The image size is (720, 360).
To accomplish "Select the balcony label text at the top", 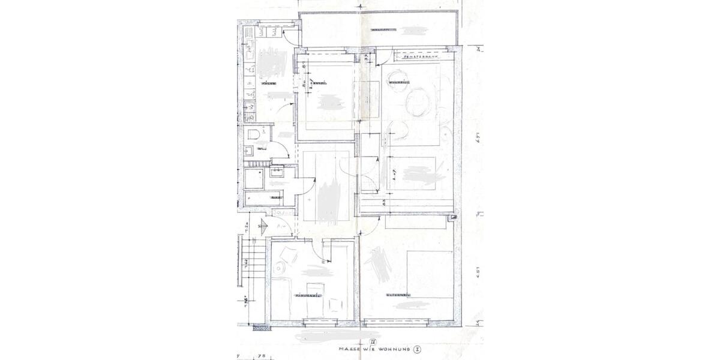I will (382, 29).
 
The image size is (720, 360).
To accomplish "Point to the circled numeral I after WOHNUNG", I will (416, 349).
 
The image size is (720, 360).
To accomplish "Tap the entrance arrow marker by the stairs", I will (260, 226).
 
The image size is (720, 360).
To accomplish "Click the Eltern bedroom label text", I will (398, 295).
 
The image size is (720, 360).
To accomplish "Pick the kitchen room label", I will (268, 83).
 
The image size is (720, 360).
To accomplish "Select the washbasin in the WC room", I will (249, 150).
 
